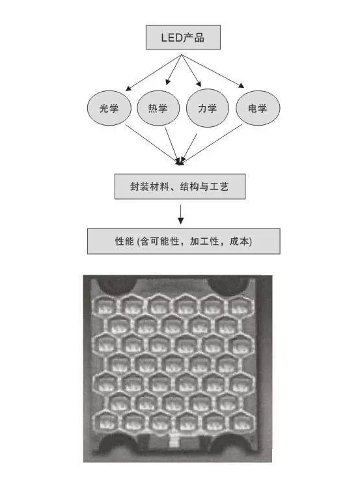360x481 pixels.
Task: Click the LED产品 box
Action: pyautogui.click(x=183, y=37)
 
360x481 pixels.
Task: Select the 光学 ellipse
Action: pyautogui.click(x=109, y=108)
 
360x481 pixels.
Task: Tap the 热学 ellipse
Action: pyautogui.click(x=158, y=108)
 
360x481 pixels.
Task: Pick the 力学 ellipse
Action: pyautogui.click(x=208, y=108)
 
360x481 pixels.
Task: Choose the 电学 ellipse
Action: pyautogui.click(x=258, y=108)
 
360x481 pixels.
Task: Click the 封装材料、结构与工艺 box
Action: pyautogui.click(x=180, y=187)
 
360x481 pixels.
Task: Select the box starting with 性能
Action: pyautogui.click(x=184, y=241)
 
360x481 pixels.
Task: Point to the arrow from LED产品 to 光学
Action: pyautogui.click(x=154, y=73)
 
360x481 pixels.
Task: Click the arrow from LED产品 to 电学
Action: pyautogui.click(x=213, y=71)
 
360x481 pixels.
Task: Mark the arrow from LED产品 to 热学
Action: pyautogui.click(x=174, y=70)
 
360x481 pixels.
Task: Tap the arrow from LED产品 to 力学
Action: pyautogui.click(x=191, y=70)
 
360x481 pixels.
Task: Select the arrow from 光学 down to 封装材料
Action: pyautogui.click(x=152, y=144)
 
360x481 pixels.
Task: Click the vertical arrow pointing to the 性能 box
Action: pyautogui.click(x=181, y=215)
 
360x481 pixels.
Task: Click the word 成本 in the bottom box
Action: pyautogui.click(x=239, y=241)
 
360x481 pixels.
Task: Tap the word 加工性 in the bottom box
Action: pyautogui.click(x=204, y=241)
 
